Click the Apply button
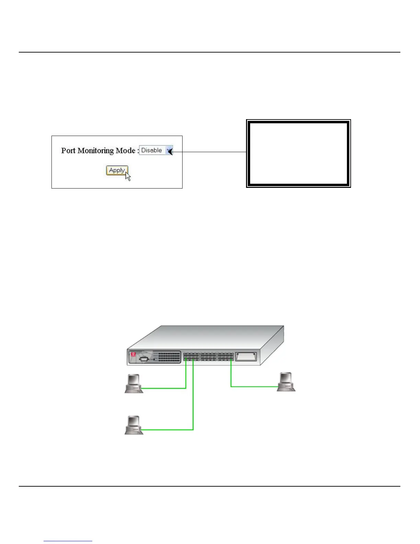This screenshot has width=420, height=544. click(x=117, y=170)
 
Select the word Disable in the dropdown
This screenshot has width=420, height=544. click(x=151, y=150)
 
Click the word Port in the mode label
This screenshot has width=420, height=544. click(x=68, y=150)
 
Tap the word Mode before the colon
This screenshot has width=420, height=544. click(x=125, y=150)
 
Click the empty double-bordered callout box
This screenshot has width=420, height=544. click(x=299, y=154)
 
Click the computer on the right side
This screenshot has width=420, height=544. click(x=286, y=382)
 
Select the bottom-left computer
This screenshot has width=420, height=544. click(x=134, y=425)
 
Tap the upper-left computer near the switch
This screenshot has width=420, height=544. click(x=134, y=383)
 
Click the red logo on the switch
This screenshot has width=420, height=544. click(x=133, y=354)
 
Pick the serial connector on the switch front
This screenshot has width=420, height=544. click(x=144, y=359)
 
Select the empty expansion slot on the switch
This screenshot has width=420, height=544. click(x=246, y=356)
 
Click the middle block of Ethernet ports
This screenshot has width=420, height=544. click(x=208, y=357)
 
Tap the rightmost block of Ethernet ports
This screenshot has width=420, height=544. click(x=225, y=357)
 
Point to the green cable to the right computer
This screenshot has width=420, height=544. click(x=254, y=387)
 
